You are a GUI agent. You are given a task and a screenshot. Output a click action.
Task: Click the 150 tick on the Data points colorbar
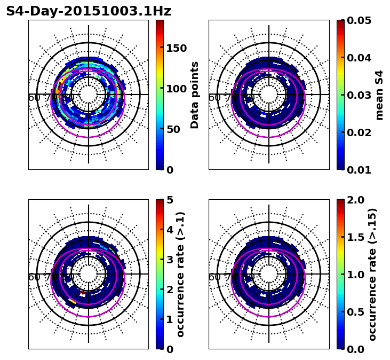[x=176, y=48]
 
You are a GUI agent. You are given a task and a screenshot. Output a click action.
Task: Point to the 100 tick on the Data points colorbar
[x=176, y=89]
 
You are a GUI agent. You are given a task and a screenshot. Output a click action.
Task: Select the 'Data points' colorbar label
[x=195, y=95]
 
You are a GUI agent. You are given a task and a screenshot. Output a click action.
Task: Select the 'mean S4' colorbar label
[x=379, y=95]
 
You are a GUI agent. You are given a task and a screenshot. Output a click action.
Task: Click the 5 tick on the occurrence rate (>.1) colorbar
[x=170, y=200]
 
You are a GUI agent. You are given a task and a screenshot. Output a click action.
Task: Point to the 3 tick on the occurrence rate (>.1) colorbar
[x=170, y=260]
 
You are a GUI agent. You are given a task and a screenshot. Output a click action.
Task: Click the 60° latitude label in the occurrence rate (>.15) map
[x=214, y=277]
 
